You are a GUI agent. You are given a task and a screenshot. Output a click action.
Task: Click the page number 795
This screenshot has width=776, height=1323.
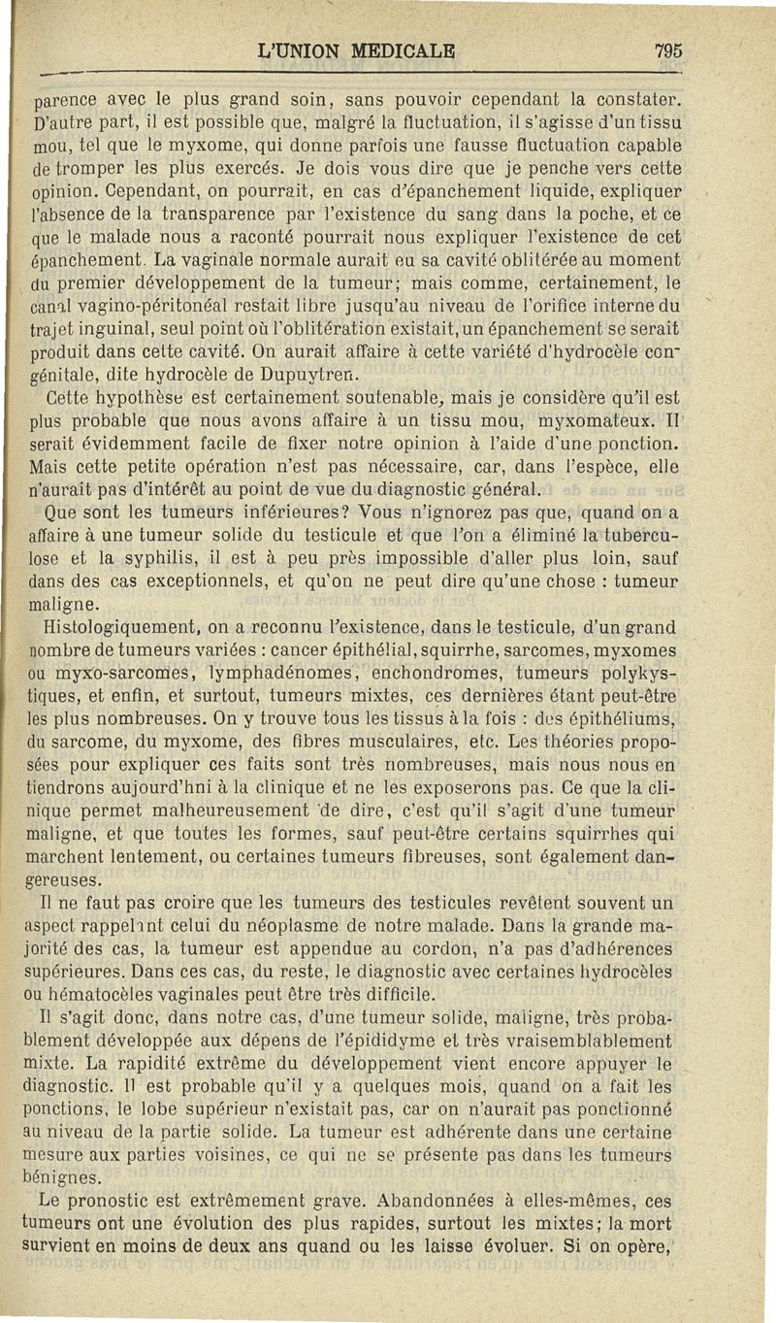coord(668,50)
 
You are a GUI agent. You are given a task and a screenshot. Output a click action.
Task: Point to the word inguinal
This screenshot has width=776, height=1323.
coord(106,330)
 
